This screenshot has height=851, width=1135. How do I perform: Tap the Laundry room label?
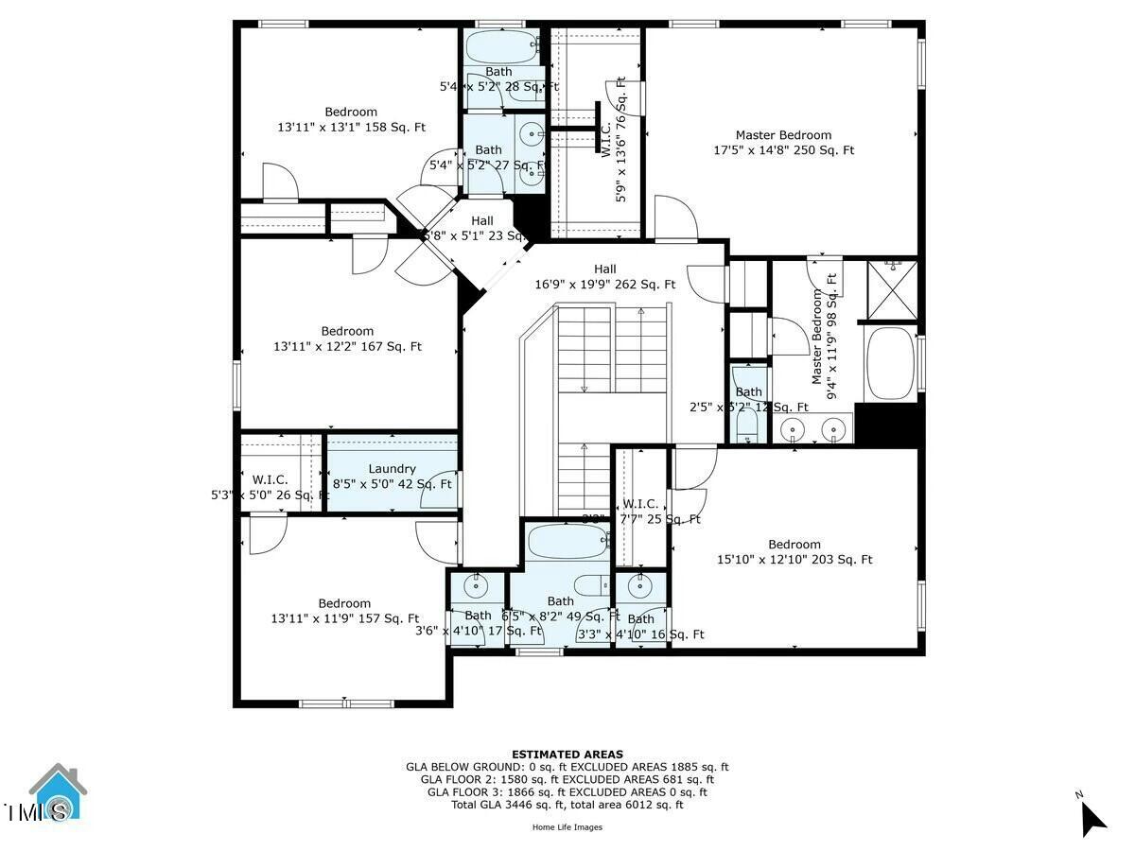[392, 476]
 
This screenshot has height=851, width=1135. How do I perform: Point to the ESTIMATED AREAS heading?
[567, 755]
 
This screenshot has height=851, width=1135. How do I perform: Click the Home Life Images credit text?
[567, 827]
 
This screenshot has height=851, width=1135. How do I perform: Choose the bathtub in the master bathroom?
[890, 363]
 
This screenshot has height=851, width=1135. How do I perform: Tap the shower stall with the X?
[892, 290]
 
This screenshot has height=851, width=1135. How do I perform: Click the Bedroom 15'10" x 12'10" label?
[794, 551]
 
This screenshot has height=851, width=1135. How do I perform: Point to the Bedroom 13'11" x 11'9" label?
[344, 611]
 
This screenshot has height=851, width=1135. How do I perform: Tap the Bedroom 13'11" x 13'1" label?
[351, 119]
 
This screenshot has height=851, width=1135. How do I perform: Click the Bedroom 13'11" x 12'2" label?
[347, 339]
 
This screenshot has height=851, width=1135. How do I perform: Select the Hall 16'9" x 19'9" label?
[605, 276]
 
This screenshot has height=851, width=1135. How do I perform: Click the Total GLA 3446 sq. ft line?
[567, 805]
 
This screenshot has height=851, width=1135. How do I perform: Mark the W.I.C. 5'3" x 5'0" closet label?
[270, 487]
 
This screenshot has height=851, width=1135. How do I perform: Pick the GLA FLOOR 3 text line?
[567, 792]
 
